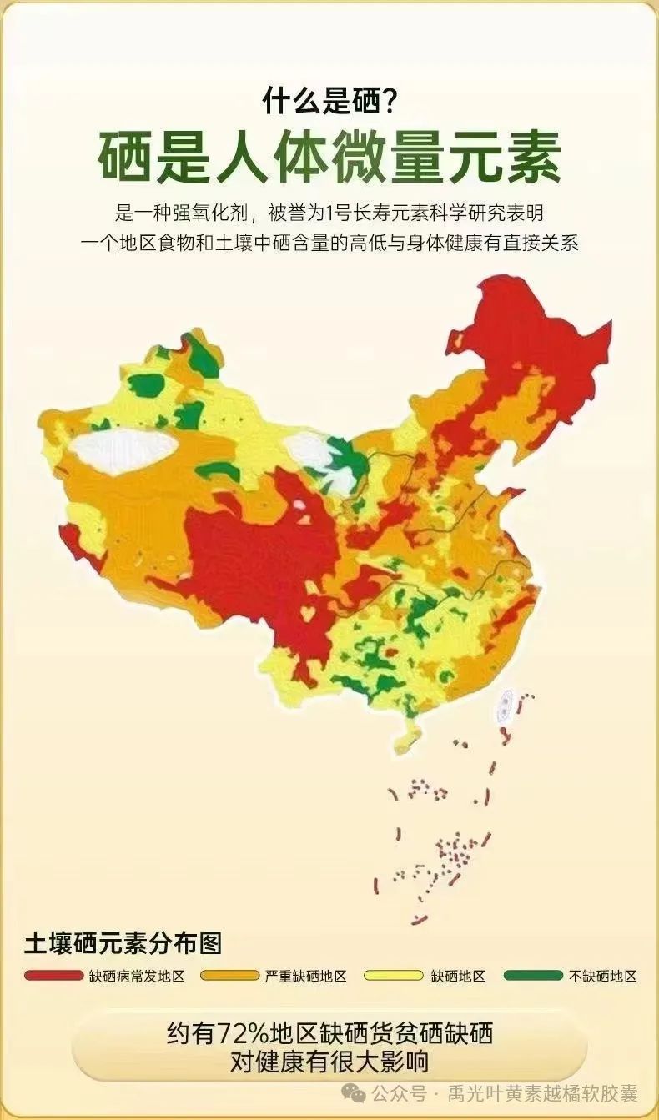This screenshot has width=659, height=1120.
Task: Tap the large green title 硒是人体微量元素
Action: tap(329, 156)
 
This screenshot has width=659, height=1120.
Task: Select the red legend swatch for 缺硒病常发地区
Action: tap(54, 975)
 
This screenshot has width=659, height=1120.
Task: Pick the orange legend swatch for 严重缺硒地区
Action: tap(230, 975)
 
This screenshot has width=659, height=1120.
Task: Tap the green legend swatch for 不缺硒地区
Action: tap(534, 975)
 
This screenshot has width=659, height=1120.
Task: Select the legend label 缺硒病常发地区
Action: tap(136, 976)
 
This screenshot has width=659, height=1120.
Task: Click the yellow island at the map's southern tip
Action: tap(407, 738)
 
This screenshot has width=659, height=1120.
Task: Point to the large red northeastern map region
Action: tap(534, 342)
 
